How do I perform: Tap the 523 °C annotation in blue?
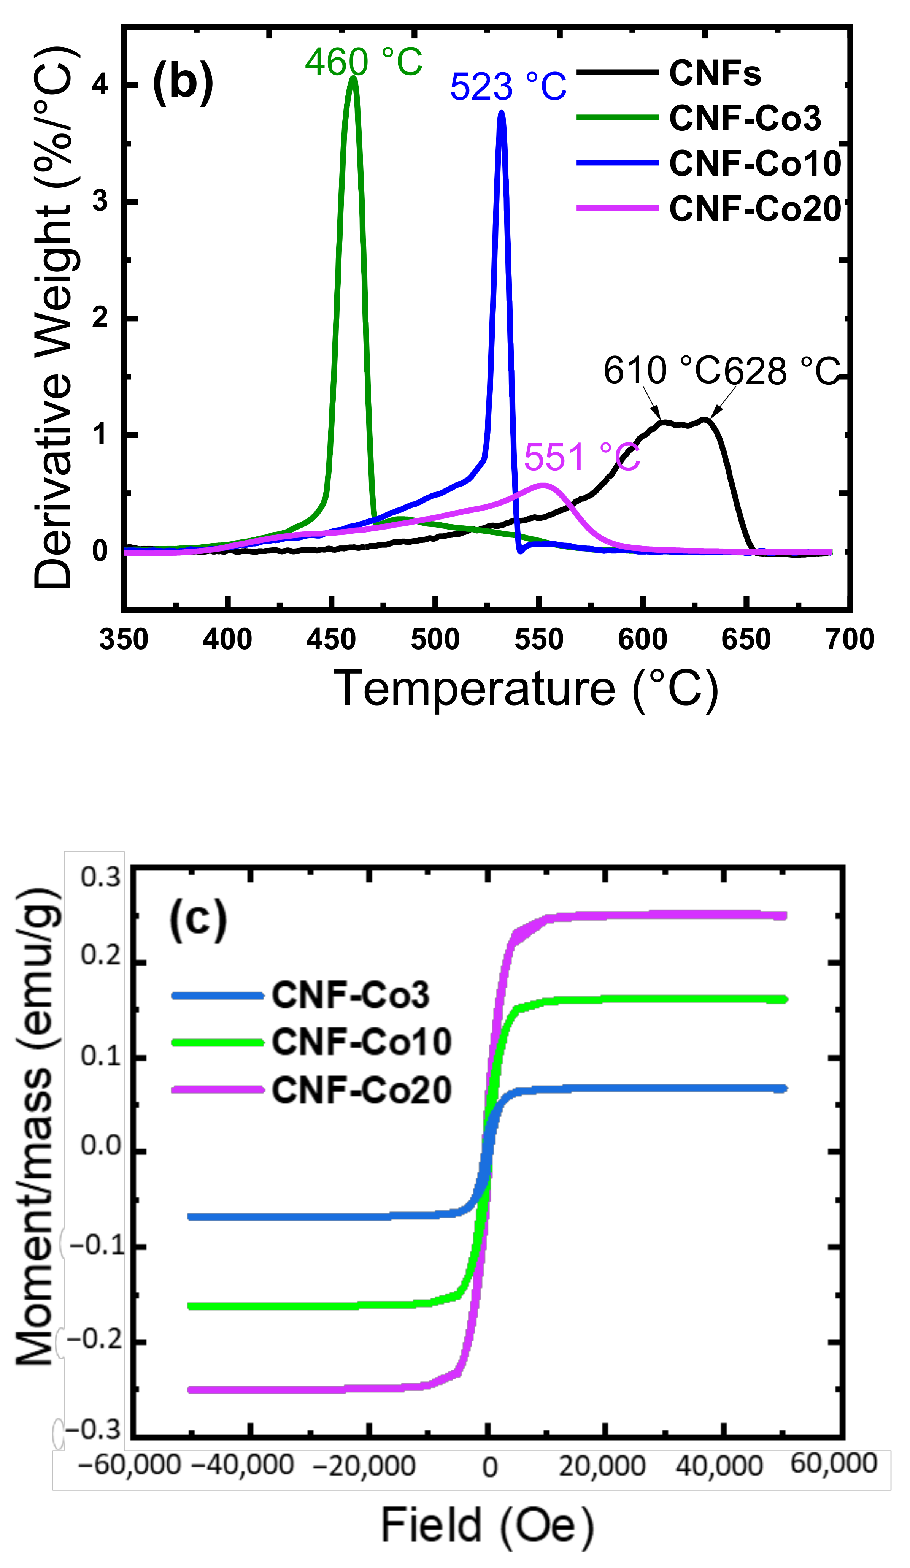[508, 87]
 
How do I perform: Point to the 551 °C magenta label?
[581, 457]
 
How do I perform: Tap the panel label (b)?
[183, 81]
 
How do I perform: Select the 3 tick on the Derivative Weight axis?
[100, 201]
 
